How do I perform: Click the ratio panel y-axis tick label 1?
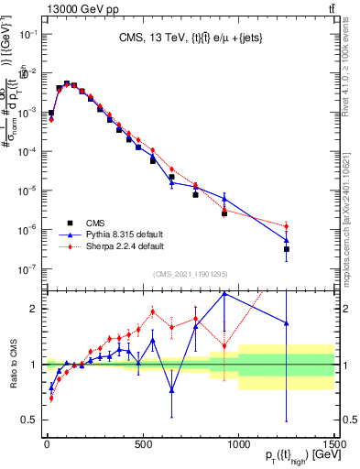[32, 365]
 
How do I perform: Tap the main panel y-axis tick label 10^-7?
[27, 269]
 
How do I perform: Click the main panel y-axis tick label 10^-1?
[27, 34]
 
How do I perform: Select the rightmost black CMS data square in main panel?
[287, 249]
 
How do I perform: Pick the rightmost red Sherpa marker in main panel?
[287, 226]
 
